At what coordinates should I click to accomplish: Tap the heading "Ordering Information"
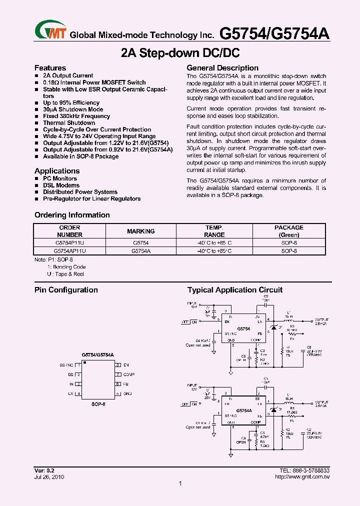coord(72,215)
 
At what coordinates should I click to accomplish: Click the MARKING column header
coord(140,231)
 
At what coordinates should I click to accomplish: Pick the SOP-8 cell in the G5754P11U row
coord(288,242)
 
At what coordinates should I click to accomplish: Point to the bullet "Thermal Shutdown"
coord(69,122)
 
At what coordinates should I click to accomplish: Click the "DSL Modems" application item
coord(61,185)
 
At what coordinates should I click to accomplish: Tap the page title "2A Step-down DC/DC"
coord(180,52)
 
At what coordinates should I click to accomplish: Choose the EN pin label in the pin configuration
coord(126,365)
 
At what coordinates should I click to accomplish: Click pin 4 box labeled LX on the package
coord(79,394)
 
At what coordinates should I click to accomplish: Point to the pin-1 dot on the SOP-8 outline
coord(85,362)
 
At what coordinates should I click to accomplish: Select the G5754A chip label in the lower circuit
coord(244,410)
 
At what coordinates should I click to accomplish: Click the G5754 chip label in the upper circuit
coord(243,328)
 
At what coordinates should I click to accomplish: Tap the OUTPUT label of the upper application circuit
coord(321,319)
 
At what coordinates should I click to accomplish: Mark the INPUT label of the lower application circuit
coord(192,385)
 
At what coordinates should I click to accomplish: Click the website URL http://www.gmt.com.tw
coord(302,477)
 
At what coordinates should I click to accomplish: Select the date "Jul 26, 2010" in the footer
coord(49,477)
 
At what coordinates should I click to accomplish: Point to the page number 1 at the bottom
coord(180,483)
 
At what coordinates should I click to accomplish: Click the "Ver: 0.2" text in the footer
coord(44,470)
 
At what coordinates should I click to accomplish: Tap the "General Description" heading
coord(222,68)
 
